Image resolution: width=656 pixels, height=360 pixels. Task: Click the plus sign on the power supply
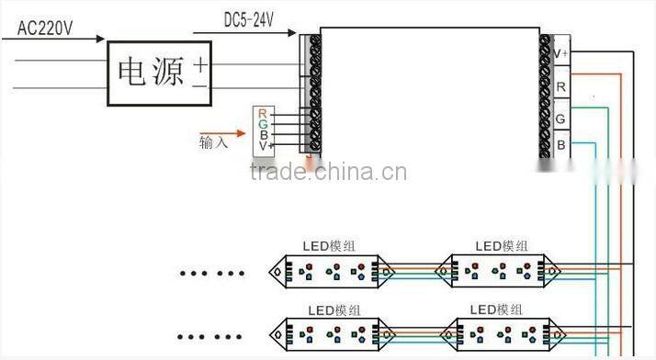click(199, 63)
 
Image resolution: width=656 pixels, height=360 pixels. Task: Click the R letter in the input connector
click(263, 113)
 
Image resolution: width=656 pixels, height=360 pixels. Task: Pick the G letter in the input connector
click(263, 124)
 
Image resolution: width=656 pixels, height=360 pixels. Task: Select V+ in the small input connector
click(266, 146)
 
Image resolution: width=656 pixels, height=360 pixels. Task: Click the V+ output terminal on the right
click(560, 54)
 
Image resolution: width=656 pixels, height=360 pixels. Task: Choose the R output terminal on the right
click(560, 86)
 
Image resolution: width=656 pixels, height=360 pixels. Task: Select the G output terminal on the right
click(560, 118)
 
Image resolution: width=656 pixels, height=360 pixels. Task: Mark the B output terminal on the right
click(560, 146)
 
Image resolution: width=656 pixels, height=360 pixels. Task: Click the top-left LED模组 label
click(330, 246)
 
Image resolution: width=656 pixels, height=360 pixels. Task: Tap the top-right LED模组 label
click(502, 246)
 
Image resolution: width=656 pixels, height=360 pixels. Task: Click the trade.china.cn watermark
click(328, 172)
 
